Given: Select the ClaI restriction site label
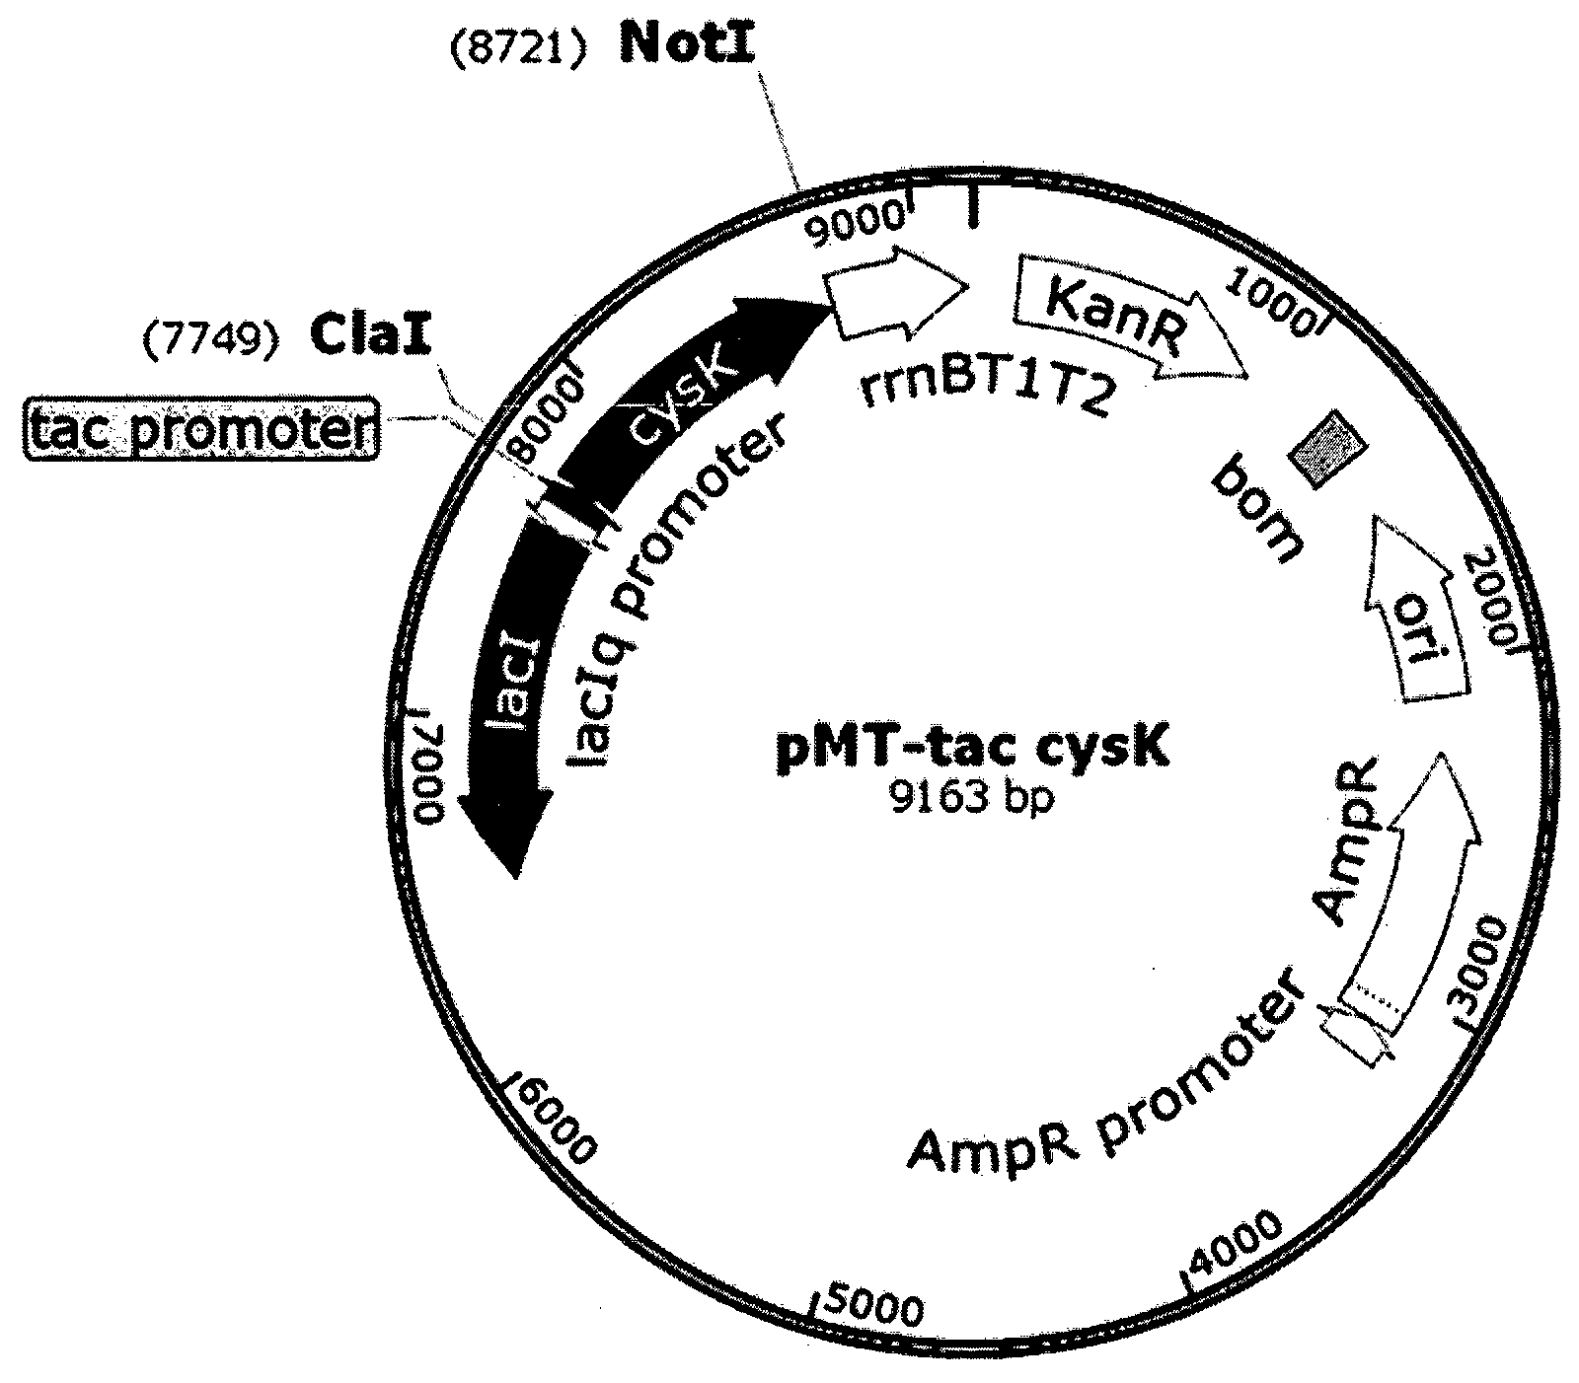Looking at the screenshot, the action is pyautogui.click(x=371, y=337).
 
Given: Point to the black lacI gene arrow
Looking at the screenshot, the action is pyautogui.click(x=513, y=691).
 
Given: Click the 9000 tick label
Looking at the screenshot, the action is pyautogui.click(x=855, y=219).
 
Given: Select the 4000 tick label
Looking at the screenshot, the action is pyautogui.click(x=1235, y=1248).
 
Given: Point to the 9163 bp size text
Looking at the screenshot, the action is pyautogui.click(x=972, y=795).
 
